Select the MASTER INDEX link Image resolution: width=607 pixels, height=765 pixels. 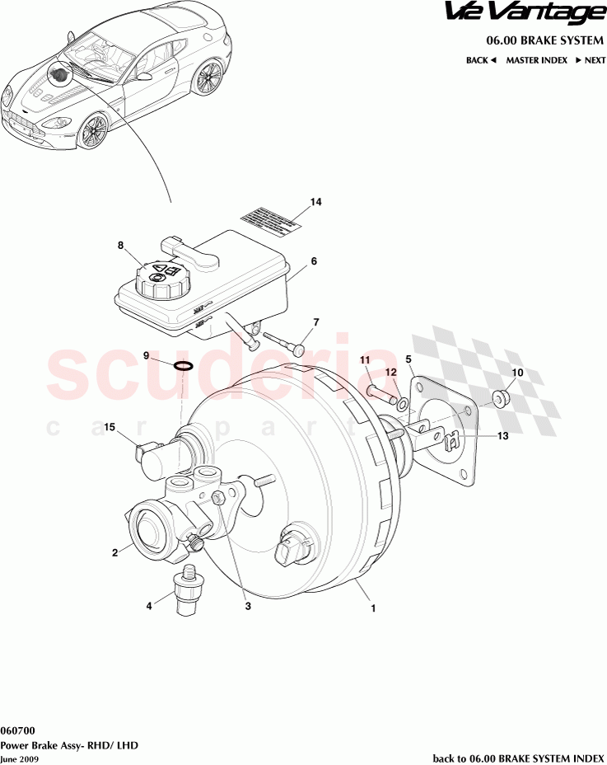(536, 60)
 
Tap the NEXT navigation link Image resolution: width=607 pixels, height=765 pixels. (591, 60)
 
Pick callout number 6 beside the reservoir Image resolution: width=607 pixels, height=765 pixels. (314, 261)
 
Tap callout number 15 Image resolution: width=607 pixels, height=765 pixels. (110, 427)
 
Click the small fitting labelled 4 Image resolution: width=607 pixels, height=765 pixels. (186, 590)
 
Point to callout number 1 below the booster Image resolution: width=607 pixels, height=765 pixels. (373, 610)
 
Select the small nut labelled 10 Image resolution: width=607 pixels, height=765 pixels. (499, 400)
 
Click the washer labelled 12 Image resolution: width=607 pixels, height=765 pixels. (401, 404)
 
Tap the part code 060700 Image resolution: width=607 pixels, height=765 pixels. (17, 730)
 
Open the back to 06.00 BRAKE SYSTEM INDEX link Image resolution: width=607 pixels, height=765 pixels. (518, 757)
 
